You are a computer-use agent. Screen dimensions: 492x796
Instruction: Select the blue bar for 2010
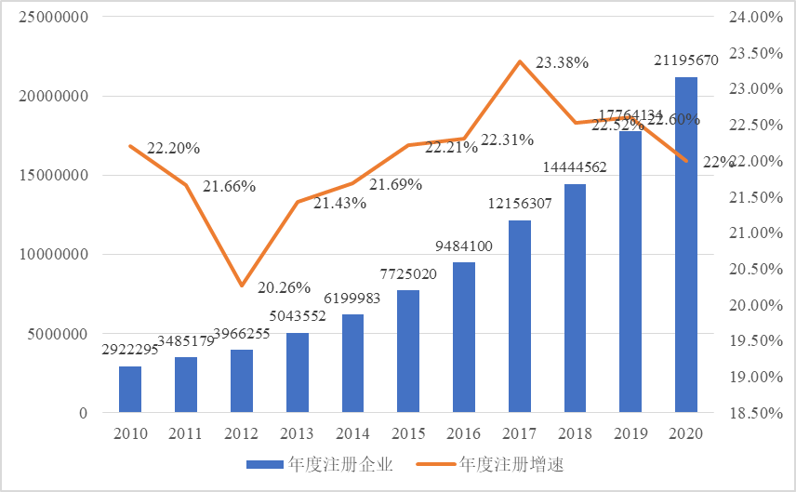point(130,390)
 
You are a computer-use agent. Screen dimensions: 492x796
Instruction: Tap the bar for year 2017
point(520,316)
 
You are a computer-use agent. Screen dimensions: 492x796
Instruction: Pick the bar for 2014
point(352,364)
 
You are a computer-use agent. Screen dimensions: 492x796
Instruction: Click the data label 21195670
point(686,61)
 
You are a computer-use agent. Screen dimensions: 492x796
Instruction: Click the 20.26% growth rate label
point(285,286)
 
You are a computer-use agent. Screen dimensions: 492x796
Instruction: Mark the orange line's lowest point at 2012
point(242,286)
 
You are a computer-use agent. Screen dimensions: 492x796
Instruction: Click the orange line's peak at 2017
point(520,61)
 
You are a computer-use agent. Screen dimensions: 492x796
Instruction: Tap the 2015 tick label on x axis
point(408,434)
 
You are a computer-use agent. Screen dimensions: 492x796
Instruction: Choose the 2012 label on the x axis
point(242,434)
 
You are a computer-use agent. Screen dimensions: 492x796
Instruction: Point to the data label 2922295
point(130,351)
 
